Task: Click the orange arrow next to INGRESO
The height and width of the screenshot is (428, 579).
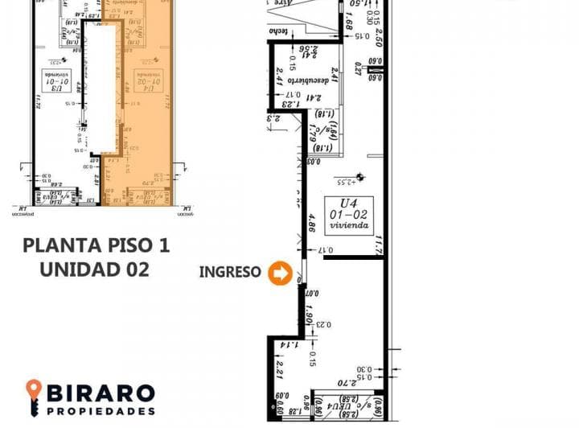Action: tap(281, 274)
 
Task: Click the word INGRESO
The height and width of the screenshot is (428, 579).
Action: tap(230, 273)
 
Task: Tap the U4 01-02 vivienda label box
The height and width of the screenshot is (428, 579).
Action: tap(349, 215)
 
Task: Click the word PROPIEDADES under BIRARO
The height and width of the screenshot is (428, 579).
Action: tap(101, 410)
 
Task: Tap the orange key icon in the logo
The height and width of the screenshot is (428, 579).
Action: tap(34, 397)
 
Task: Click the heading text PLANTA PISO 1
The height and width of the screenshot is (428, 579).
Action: tap(96, 245)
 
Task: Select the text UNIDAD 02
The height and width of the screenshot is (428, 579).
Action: tap(95, 270)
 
